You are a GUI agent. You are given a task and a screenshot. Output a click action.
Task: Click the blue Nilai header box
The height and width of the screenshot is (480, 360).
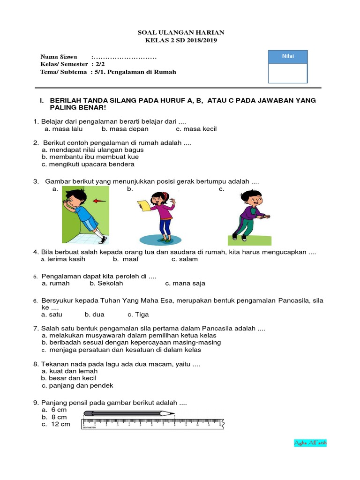point(287,57)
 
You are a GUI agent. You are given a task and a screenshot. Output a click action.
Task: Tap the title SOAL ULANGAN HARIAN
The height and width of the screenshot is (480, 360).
point(180,32)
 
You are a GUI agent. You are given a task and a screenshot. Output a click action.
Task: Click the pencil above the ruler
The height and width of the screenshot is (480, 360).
point(129,413)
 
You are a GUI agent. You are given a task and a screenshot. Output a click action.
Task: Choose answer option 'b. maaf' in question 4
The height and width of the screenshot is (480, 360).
point(126,259)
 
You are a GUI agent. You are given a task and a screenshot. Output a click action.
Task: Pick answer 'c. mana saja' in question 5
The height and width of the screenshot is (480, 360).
point(185,283)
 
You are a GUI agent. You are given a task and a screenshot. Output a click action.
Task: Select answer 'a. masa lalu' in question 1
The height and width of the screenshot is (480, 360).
point(63,129)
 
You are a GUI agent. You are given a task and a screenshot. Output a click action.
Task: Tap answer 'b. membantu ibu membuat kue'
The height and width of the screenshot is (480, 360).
point(90,157)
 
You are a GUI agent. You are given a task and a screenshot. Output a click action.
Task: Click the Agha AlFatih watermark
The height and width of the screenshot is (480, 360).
point(310,442)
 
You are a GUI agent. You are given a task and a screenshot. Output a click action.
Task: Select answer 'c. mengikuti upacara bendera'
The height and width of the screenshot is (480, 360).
point(88,165)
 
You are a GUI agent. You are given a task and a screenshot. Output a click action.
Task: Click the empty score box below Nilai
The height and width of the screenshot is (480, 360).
point(287,73)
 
